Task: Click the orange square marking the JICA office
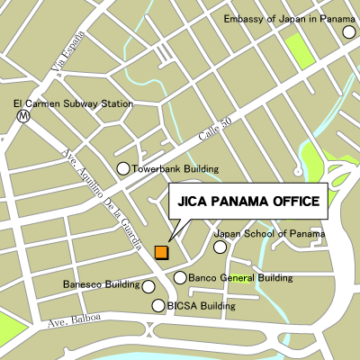click(x=161, y=253)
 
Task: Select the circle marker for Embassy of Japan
click(x=348, y=32)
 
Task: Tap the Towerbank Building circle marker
click(x=123, y=168)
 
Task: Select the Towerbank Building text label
click(x=176, y=168)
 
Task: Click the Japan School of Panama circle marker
click(x=220, y=247)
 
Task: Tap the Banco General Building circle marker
click(x=180, y=278)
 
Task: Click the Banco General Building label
click(x=240, y=278)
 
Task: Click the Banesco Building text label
click(x=102, y=285)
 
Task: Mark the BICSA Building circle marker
click(x=158, y=306)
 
